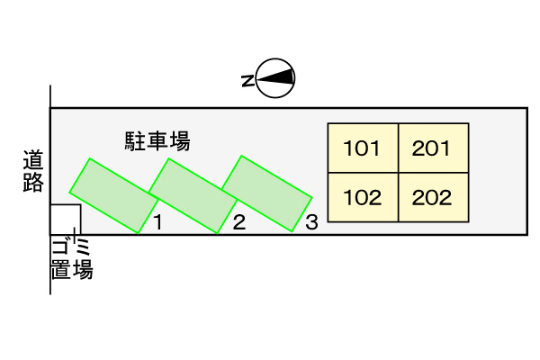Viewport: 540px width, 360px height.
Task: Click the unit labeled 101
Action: click(363, 148)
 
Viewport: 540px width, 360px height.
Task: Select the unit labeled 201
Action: click(434, 148)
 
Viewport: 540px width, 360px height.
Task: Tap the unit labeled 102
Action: click(363, 197)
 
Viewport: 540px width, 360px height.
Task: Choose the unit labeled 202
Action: click(434, 197)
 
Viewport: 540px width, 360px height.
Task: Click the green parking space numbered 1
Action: click(114, 195)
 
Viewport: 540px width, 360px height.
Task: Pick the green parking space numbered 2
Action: click(193, 195)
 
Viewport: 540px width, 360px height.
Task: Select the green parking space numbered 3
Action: click(267, 193)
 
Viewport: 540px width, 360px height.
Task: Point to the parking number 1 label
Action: click(157, 222)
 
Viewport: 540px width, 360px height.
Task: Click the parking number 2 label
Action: click(239, 222)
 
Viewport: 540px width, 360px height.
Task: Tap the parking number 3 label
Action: click(311, 222)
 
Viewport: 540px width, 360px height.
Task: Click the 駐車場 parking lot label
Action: click(157, 141)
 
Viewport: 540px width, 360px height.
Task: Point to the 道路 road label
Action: click(33, 170)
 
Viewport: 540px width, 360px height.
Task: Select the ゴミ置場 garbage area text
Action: click(72, 258)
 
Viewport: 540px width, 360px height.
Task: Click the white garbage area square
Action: click(66, 220)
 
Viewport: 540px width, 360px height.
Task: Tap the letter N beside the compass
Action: click(248, 81)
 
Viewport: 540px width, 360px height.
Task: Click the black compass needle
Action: click(275, 77)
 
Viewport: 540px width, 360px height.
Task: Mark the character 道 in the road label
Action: click(33, 160)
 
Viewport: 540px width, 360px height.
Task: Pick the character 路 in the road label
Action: click(33, 182)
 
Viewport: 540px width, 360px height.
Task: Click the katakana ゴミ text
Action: click(71, 247)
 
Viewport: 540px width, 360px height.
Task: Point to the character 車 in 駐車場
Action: click(157, 141)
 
